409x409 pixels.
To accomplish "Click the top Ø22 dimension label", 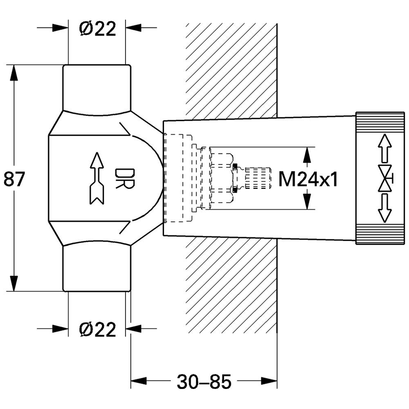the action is pos(97,28).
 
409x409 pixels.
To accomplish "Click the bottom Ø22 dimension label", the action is pos(97,329).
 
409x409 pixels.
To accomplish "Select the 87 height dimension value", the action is pos(14,179).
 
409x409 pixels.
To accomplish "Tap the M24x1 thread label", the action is pos(308,179).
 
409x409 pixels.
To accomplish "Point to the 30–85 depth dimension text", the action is pos(204,381).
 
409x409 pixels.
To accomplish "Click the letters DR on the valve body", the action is pos(125,179).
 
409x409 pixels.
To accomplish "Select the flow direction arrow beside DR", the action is pos(97,178).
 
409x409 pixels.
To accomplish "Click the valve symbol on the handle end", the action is pos(386,178).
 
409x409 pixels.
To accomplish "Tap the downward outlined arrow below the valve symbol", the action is pos(385,208).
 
